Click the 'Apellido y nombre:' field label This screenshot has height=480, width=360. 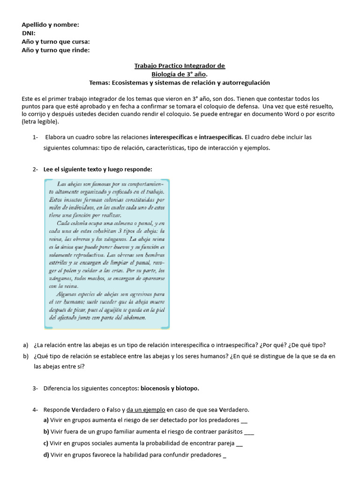click(x=50, y=25)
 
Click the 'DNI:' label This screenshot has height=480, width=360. click(x=29, y=33)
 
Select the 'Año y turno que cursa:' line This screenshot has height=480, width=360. click(x=56, y=42)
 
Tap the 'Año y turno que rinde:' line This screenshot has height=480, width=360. click(x=56, y=50)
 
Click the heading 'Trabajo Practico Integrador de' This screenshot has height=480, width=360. click(x=180, y=66)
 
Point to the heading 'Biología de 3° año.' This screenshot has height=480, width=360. click(x=180, y=74)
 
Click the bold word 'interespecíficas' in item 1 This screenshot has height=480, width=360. click(x=171, y=137)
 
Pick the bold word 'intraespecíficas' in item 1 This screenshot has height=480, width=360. click(x=220, y=137)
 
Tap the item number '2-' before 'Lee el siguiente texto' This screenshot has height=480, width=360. click(x=36, y=169)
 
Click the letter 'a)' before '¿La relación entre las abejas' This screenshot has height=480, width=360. click(x=25, y=345)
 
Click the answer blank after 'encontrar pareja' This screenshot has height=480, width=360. click(x=240, y=443)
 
